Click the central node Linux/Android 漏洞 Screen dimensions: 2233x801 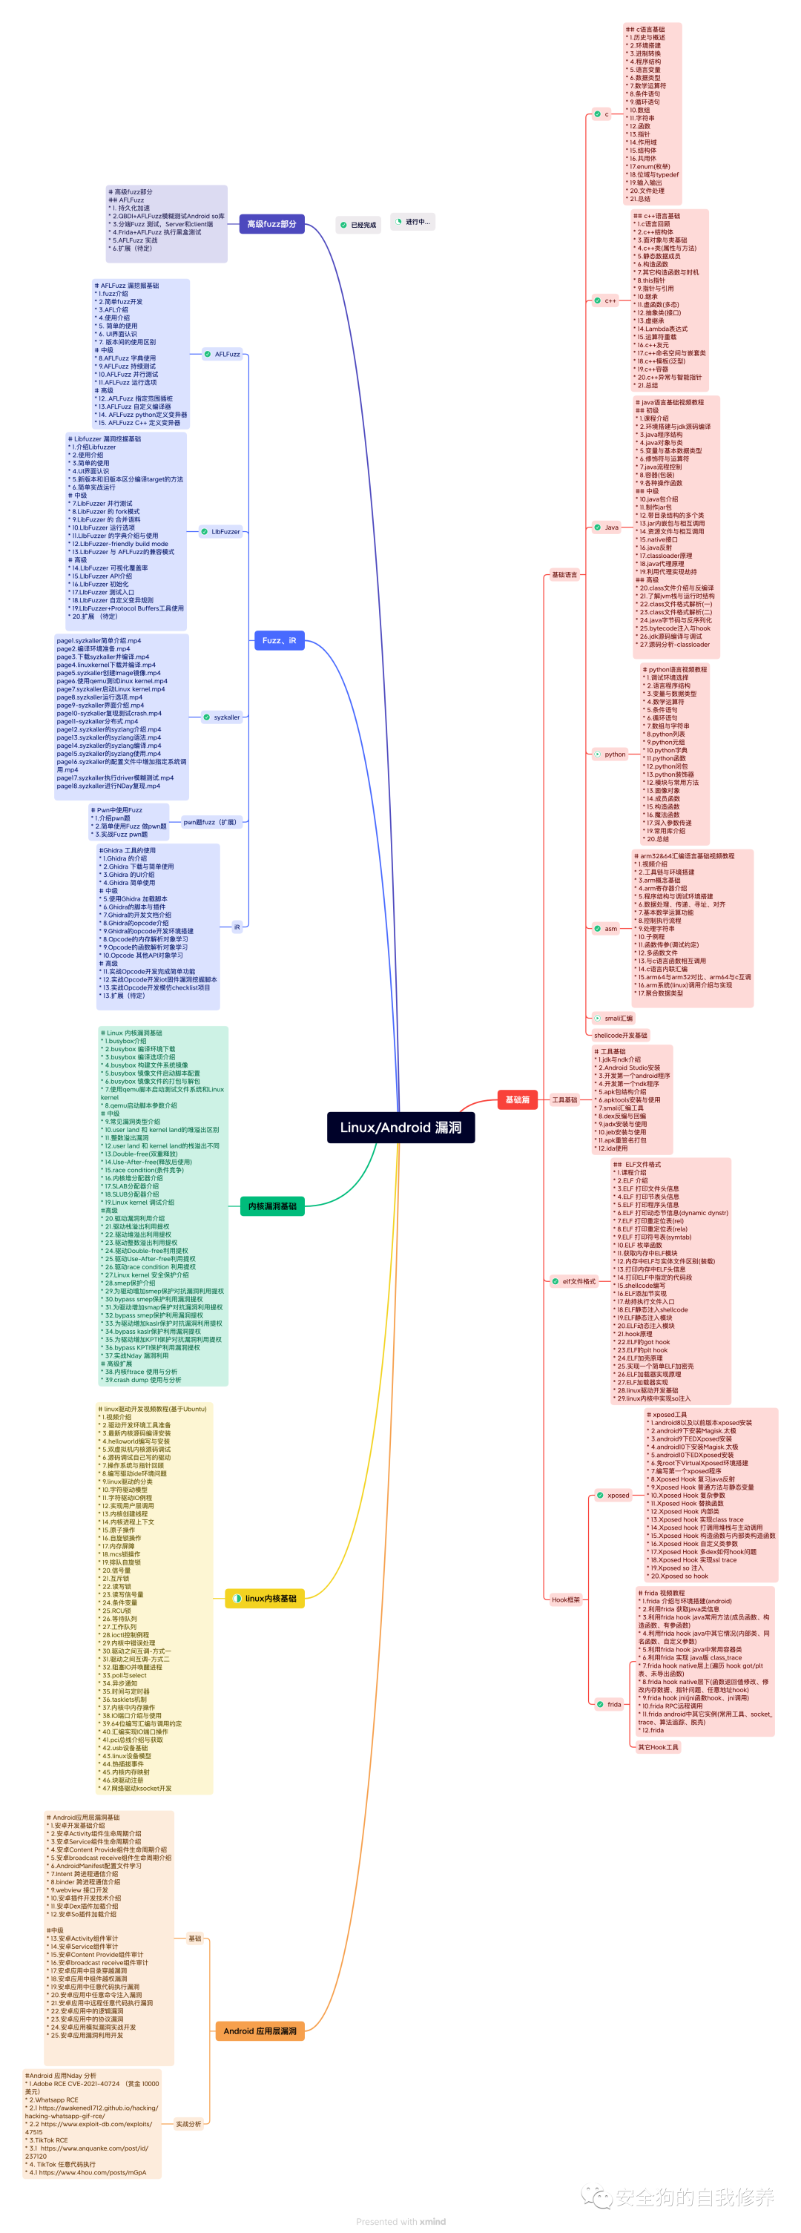[400, 1127]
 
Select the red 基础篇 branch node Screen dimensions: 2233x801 [518, 1099]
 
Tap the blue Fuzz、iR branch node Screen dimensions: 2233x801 [278, 639]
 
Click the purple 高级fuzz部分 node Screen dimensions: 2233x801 [271, 223]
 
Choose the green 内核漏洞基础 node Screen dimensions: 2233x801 [272, 1206]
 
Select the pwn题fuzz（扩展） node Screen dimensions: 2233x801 [210, 822]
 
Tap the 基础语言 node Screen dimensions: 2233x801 [564, 574]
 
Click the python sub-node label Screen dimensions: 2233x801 [615, 754]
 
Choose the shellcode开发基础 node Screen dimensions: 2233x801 [621, 1035]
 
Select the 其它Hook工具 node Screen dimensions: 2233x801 [658, 1746]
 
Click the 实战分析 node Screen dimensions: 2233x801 [188, 2124]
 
